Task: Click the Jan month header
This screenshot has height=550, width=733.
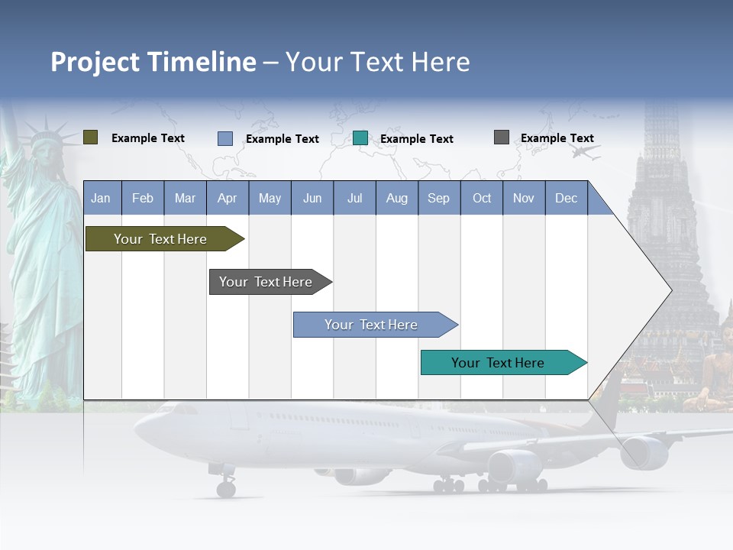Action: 101,198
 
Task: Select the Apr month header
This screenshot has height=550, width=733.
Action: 227,198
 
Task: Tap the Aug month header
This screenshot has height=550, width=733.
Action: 396,198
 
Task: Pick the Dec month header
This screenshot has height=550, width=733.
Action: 566,198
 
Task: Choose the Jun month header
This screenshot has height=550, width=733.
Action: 312,198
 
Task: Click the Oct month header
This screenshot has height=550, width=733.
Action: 482,198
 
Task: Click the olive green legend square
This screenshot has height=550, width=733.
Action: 90,137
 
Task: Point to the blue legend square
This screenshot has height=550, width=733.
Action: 224,138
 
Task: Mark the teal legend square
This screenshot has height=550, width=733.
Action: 360,138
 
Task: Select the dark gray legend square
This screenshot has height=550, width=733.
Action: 501,137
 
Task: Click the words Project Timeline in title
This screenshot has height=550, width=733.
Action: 153,62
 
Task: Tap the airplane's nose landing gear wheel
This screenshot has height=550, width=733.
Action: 225,489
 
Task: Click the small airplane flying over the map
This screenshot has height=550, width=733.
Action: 584,152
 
